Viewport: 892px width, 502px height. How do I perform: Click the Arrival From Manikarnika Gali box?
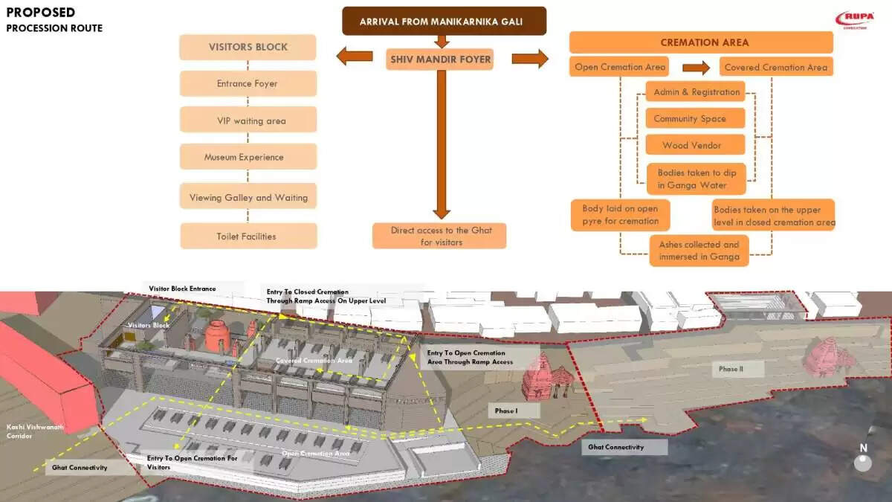(444, 21)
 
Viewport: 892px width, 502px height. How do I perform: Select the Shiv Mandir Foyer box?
(439, 59)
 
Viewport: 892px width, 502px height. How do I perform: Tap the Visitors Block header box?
(248, 47)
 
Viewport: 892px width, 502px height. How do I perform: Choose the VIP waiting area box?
(248, 120)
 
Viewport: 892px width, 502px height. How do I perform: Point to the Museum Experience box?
(248, 157)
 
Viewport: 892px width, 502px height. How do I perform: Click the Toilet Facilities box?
(248, 236)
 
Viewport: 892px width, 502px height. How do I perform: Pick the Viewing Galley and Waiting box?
(248, 197)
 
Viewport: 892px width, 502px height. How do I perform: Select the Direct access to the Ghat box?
(439, 236)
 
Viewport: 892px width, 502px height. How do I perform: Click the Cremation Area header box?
(701, 42)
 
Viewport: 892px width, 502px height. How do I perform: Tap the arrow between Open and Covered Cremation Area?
(696, 68)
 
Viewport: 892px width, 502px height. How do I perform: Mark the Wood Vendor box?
(692, 145)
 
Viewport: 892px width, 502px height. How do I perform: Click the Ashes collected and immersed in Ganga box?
(699, 251)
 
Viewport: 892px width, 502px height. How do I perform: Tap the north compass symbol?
(863, 460)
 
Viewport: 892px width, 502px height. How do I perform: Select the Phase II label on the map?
(731, 369)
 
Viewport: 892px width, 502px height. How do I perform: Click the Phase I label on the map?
(506, 411)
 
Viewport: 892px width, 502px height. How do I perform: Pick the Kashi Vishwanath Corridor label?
(34, 431)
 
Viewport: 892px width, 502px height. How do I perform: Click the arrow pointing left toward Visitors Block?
(355, 56)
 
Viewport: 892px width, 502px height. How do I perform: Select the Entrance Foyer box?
(248, 83)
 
